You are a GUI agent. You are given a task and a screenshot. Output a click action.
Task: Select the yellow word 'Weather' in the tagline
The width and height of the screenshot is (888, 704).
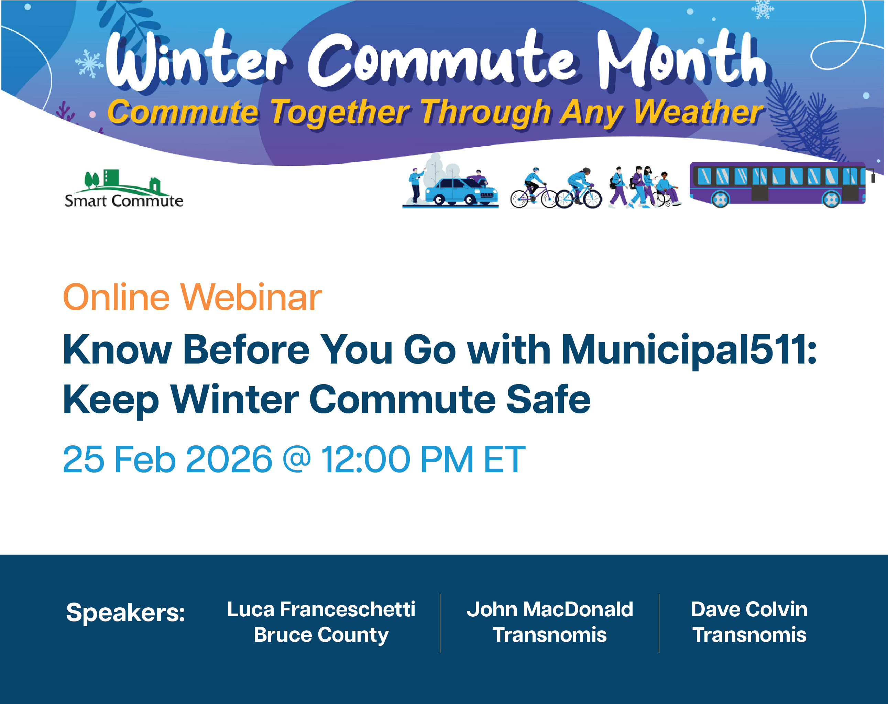point(698,112)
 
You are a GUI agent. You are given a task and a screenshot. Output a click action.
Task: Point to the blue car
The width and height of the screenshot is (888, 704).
point(461,191)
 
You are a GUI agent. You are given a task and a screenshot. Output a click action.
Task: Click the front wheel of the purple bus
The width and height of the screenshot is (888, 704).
point(831,200)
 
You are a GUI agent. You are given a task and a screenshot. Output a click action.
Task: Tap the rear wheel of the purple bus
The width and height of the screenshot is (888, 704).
point(720,200)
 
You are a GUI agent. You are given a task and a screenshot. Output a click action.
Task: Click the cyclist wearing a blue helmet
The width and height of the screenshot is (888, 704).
point(534,187)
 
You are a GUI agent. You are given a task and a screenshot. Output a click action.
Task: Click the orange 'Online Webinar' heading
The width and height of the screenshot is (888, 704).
point(192,297)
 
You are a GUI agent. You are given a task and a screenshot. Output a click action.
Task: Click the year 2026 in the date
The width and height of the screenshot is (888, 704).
point(229,459)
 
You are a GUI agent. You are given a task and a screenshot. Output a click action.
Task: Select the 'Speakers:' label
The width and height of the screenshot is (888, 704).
point(125,613)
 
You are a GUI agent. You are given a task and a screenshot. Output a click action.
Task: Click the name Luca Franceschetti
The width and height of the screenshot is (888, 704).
point(321,609)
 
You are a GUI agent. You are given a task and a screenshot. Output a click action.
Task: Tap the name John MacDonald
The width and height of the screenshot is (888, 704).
point(549,609)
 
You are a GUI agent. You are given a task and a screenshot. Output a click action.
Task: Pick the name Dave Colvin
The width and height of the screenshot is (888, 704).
point(749,609)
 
